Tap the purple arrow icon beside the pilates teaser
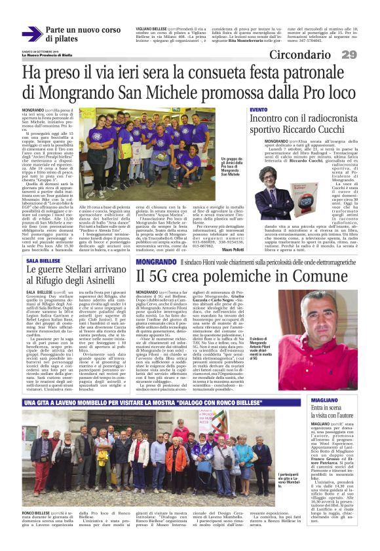[x=31, y=33]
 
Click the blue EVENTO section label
[x=258, y=109]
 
